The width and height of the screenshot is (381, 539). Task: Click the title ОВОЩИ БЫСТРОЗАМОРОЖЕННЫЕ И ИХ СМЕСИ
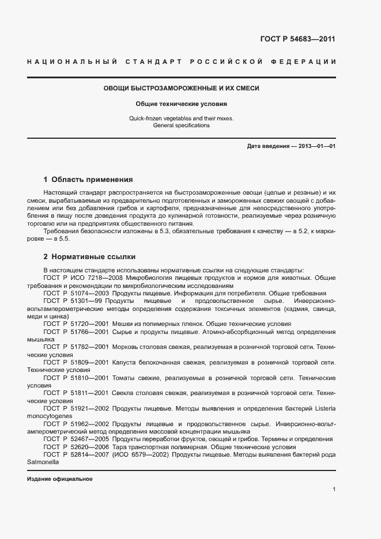click(182, 89)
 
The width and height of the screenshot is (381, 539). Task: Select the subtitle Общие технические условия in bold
click(182, 104)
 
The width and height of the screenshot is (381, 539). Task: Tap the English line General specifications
click(182, 126)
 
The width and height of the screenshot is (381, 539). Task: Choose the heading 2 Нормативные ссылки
click(89, 256)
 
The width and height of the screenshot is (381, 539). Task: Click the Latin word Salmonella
click(44, 462)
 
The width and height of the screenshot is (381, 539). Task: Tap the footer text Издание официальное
click(60, 479)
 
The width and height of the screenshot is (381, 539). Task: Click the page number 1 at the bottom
click(334, 489)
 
